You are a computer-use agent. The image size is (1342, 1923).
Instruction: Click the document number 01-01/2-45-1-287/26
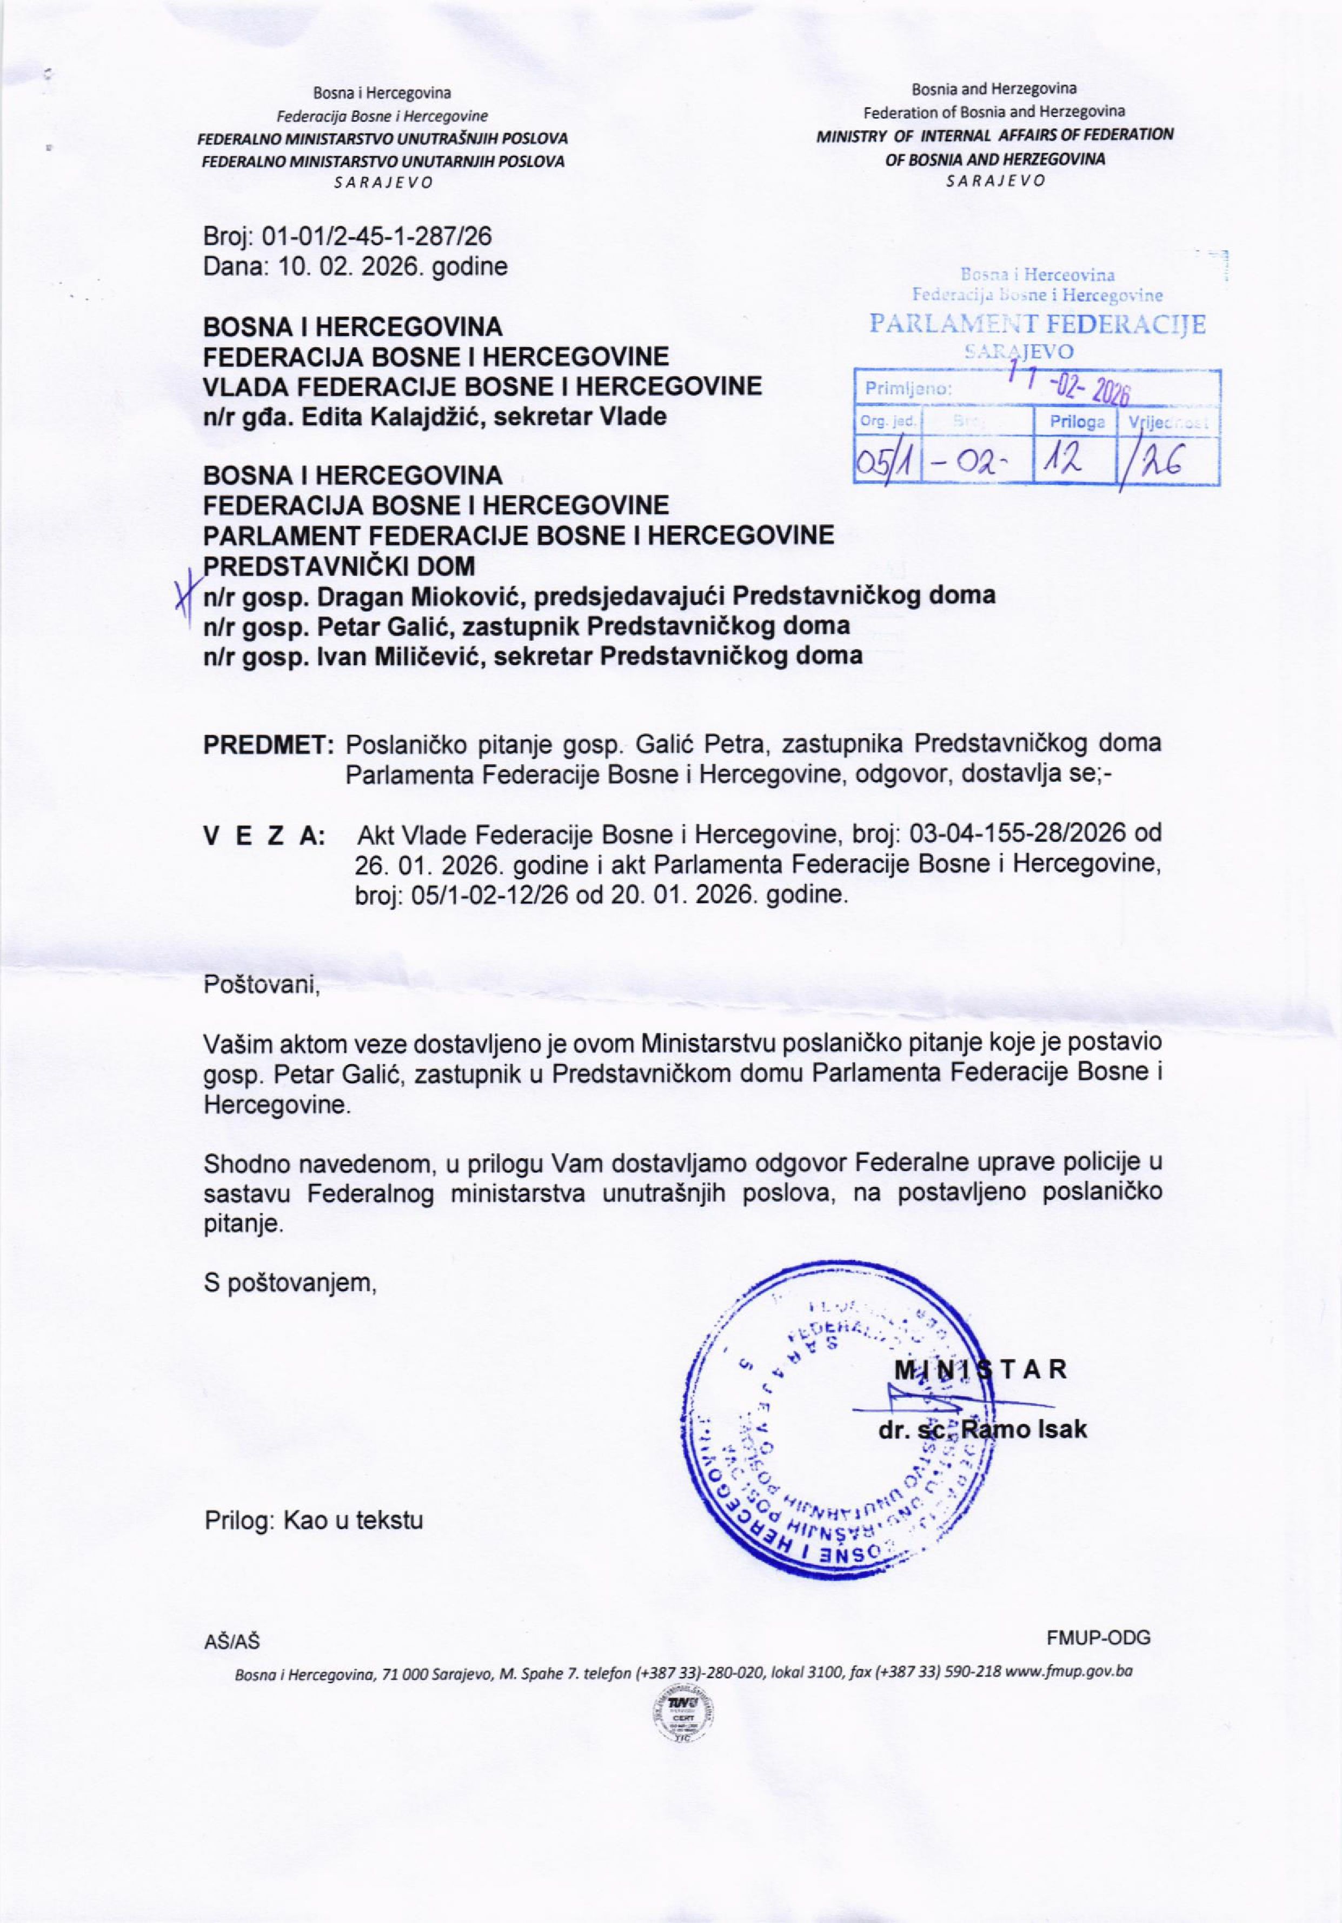point(377,239)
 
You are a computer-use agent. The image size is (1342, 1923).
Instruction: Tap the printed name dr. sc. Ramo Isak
point(982,1429)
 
